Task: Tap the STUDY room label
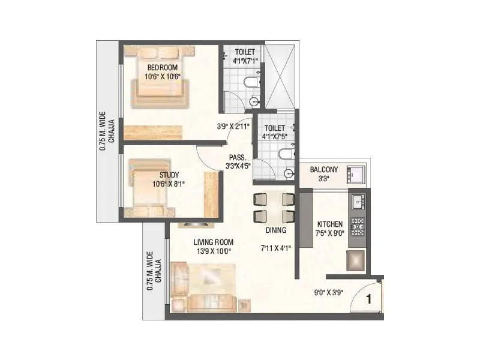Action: [161, 176]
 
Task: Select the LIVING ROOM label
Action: [213, 242]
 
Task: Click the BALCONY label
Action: [324, 170]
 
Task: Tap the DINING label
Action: [275, 230]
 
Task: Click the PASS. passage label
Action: [238, 157]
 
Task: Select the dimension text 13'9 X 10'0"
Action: [213, 251]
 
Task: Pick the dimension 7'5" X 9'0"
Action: [329, 231]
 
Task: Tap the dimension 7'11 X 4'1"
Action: [275, 247]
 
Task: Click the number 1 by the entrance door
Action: [370, 297]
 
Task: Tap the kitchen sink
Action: [358, 202]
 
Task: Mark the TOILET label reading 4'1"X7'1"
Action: [245, 56]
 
